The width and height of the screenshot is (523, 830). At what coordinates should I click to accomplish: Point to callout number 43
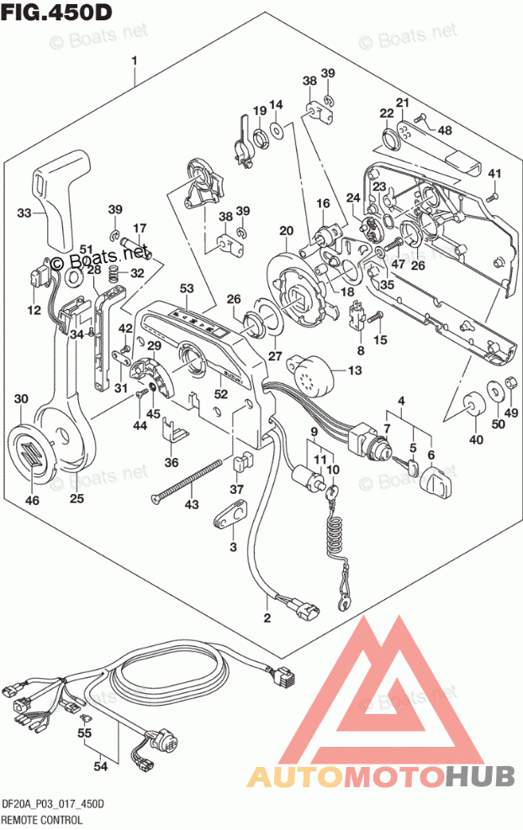click(x=193, y=504)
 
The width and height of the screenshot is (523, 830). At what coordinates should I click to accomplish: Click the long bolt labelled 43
click(x=189, y=482)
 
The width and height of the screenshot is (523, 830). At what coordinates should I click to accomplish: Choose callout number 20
click(x=286, y=230)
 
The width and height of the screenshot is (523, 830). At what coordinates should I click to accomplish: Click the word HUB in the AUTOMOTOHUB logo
click(x=480, y=776)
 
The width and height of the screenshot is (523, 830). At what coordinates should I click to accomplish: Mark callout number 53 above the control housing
click(x=186, y=289)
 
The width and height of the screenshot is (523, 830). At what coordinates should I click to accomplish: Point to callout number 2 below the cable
click(x=267, y=620)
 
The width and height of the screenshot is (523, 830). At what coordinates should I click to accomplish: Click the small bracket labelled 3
click(x=230, y=514)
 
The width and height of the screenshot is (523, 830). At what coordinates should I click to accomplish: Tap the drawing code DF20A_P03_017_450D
click(x=52, y=804)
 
